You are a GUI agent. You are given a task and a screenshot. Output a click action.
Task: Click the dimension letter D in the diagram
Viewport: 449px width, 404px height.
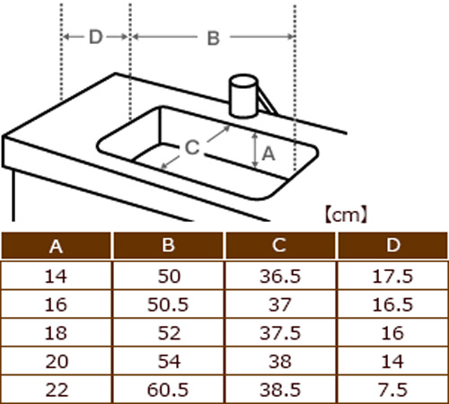pyautogui.click(x=96, y=37)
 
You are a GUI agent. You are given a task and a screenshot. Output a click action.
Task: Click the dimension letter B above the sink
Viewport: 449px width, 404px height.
pyautogui.click(x=214, y=39)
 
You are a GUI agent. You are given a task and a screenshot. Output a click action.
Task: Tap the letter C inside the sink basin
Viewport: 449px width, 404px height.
pyautogui.click(x=192, y=147)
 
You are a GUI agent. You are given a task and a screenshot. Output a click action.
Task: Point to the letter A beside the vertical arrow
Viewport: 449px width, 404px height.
pyautogui.click(x=269, y=154)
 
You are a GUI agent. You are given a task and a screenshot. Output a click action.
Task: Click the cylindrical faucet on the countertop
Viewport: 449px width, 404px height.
pyautogui.click(x=243, y=96)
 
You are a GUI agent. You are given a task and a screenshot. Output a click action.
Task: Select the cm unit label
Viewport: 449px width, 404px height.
pyautogui.click(x=346, y=215)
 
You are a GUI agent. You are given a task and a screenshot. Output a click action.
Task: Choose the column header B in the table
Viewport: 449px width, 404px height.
pyautogui.click(x=168, y=245)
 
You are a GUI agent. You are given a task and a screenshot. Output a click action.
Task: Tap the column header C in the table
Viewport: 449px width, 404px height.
pyautogui.click(x=279, y=245)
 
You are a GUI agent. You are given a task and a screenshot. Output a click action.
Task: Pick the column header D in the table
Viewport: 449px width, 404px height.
pyautogui.click(x=393, y=245)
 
